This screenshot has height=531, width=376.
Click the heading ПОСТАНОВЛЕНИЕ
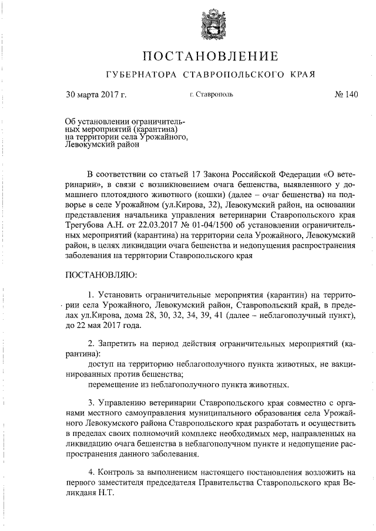pyautogui.click(x=210, y=56)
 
